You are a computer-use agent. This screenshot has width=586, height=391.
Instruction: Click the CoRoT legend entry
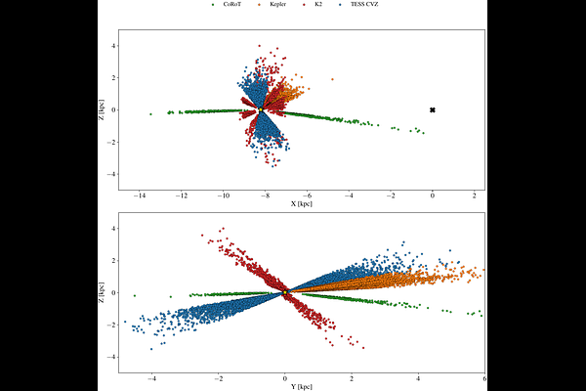pos(228,6)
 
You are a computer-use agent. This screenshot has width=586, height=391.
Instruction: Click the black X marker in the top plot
pos(433,109)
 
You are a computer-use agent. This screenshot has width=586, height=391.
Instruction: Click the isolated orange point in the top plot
pos(332,79)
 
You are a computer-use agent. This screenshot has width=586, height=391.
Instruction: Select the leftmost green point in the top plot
pos(150,114)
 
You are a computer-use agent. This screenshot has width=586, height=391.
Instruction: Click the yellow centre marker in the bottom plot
pos(284,292)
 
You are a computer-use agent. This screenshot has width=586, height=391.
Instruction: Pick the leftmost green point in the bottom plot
pos(135,295)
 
